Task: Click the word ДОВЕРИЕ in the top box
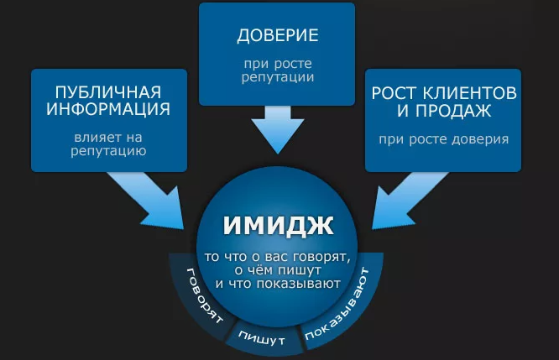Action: pyautogui.click(x=277, y=36)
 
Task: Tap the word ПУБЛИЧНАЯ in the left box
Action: pyautogui.click(x=107, y=91)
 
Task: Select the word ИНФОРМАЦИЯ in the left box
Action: pyautogui.click(x=107, y=109)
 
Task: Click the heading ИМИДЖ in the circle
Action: pyautogui.click(x=278, y=226)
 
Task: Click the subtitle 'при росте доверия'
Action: pyautogui.click(x=442, y=138)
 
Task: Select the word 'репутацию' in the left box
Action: pyautogui.click(x=108, y=152)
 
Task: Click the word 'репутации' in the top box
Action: pyautogui.click(x=277, y=77)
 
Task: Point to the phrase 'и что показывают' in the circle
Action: pyautogui.click(x=278, y=283)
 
